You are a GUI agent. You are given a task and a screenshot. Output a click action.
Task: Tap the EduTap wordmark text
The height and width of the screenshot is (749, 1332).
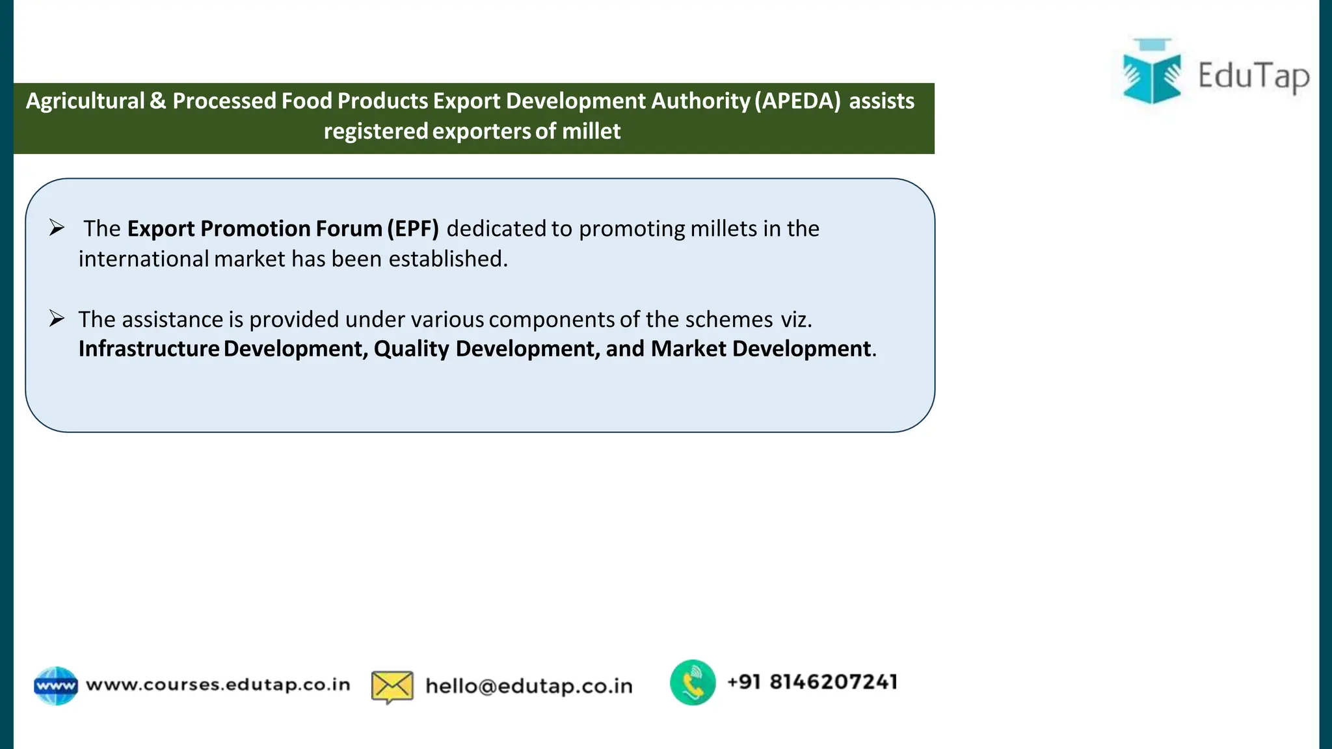click(1253, 76)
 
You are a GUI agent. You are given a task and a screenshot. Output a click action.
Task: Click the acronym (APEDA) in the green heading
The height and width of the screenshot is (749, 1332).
click(797, 101)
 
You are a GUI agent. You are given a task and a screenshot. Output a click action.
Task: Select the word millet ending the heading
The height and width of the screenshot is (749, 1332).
click(591, 131)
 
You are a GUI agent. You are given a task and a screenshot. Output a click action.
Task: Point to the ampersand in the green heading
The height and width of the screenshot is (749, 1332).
click(158, 101)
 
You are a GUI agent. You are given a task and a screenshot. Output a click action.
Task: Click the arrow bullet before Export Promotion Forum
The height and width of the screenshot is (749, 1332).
click(57, 228)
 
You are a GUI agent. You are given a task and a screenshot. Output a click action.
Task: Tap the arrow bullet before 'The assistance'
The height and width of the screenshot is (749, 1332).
click(57, 319)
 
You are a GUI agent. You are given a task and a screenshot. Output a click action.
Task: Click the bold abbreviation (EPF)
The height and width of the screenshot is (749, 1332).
click(413, 229)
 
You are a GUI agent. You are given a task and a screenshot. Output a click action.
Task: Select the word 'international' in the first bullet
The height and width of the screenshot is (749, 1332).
click(143, 259)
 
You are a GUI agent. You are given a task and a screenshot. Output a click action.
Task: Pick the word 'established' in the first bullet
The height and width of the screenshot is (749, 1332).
click(447, 259)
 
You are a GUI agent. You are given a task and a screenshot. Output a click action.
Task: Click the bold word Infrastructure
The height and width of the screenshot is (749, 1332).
click(149, 349)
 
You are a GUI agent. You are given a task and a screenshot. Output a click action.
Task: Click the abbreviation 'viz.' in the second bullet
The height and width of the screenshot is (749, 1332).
click(796, 319)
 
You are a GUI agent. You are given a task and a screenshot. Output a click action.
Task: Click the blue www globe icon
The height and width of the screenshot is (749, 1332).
click(56, 686)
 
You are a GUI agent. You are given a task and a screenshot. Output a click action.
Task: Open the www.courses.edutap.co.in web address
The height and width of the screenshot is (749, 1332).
click(218, 685)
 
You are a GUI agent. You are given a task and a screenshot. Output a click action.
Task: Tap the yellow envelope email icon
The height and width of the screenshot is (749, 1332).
click(392, 687)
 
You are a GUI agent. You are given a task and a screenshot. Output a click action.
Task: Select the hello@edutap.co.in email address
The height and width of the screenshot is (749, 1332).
click(529, 686)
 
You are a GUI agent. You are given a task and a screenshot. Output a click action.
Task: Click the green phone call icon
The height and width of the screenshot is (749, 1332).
click(693, 683)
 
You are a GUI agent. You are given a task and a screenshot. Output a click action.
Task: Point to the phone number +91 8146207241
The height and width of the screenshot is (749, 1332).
click(812, 682)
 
